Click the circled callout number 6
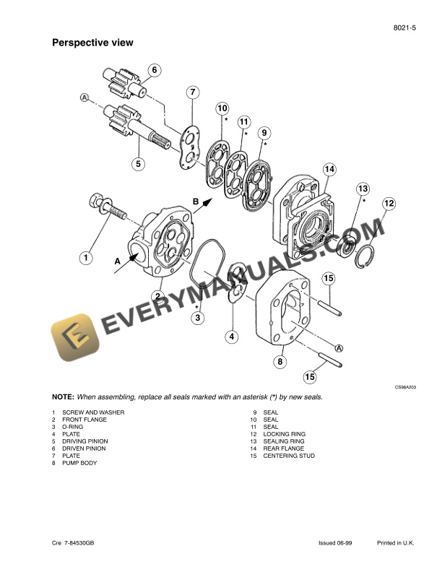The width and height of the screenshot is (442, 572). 154,71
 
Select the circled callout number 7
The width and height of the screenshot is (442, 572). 192,92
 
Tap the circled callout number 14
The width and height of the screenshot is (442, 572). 329,169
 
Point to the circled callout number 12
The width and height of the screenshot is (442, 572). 389,203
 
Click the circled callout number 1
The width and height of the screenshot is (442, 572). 85,257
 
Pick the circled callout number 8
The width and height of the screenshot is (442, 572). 280,360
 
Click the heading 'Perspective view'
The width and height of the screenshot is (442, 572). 92,43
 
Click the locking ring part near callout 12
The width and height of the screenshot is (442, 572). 368,256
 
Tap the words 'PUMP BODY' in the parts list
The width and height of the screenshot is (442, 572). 79,463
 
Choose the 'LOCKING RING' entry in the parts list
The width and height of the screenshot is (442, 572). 284,434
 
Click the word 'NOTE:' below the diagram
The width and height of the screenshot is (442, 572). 63,397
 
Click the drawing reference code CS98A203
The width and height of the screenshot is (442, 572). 405,387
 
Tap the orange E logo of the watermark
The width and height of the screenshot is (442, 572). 74,337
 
